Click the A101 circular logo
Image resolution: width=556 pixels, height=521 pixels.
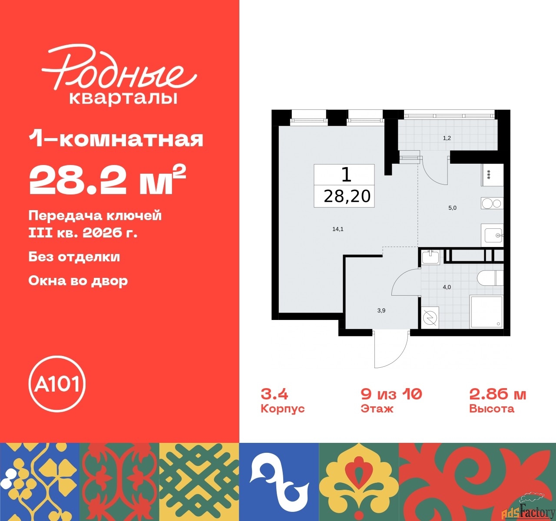coord(56,384)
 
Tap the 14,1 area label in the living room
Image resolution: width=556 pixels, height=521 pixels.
coord(338,229)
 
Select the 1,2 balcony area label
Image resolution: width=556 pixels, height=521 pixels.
coord(447,138)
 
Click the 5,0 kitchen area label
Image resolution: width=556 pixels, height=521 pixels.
coord(452,208)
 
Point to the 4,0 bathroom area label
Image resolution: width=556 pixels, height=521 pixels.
coord(447,287)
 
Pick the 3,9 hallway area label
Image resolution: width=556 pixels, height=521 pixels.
coord(381,310)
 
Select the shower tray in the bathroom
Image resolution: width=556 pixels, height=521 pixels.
coord(486,312)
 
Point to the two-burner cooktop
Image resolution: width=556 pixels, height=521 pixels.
coord(492,203)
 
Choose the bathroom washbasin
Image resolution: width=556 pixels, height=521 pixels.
coord(430,258)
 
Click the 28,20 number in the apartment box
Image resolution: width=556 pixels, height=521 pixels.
coord(347,196)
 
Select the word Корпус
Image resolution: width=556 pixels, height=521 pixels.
coord(283,409)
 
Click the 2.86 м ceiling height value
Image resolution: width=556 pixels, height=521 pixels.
coord(498,394)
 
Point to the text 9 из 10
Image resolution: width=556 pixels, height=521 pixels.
coord(391,394)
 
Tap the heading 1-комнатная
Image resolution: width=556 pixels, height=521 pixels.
coord(116,140)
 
